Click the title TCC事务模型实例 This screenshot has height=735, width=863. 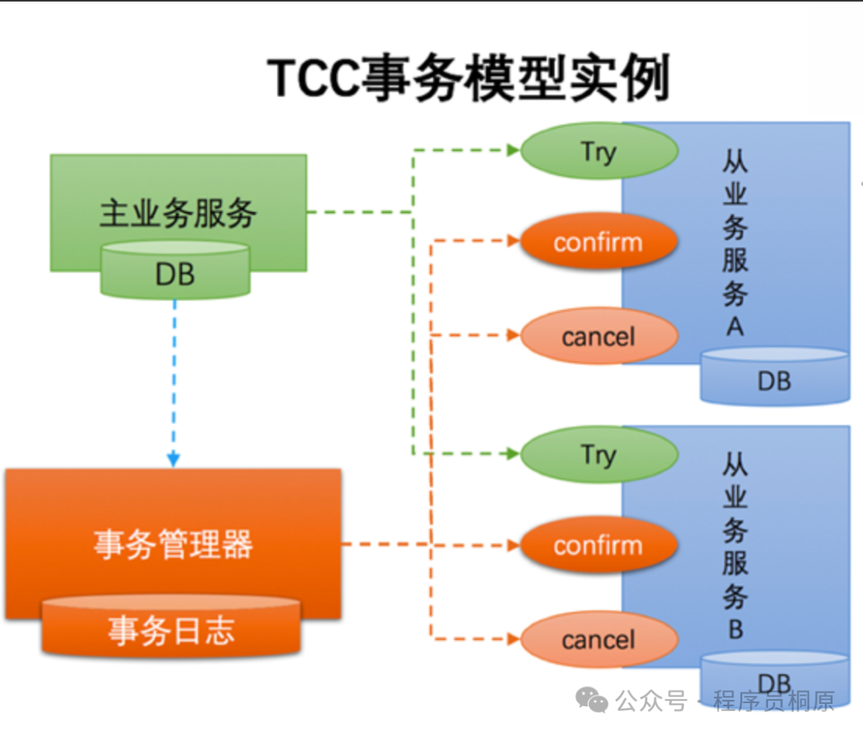(x=468, y=78)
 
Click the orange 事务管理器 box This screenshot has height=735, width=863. (x=173, y=543)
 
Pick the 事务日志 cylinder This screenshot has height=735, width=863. (x=171, y=630)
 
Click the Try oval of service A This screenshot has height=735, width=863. (x=599, y=151)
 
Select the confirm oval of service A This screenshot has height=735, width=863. (x=599, y=241)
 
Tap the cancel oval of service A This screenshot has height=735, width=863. (x=599, y=336)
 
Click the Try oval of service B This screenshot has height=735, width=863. (x=599, y=454)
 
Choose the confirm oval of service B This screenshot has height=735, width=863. (x=599, y=546)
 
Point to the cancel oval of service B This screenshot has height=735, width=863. (x=599, y=640)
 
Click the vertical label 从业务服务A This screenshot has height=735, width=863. (x=734, y=244)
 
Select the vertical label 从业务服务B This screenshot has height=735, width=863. (x=734, y=547)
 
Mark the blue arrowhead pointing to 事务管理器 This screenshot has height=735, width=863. (x=173, y=459)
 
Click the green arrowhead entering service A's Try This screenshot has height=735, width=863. (x=513, y=149)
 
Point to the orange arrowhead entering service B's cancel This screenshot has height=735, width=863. (x=513, y=639)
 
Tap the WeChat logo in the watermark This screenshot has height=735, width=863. (x=592, y=701)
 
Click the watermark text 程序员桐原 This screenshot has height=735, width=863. (x=774, y=701)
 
